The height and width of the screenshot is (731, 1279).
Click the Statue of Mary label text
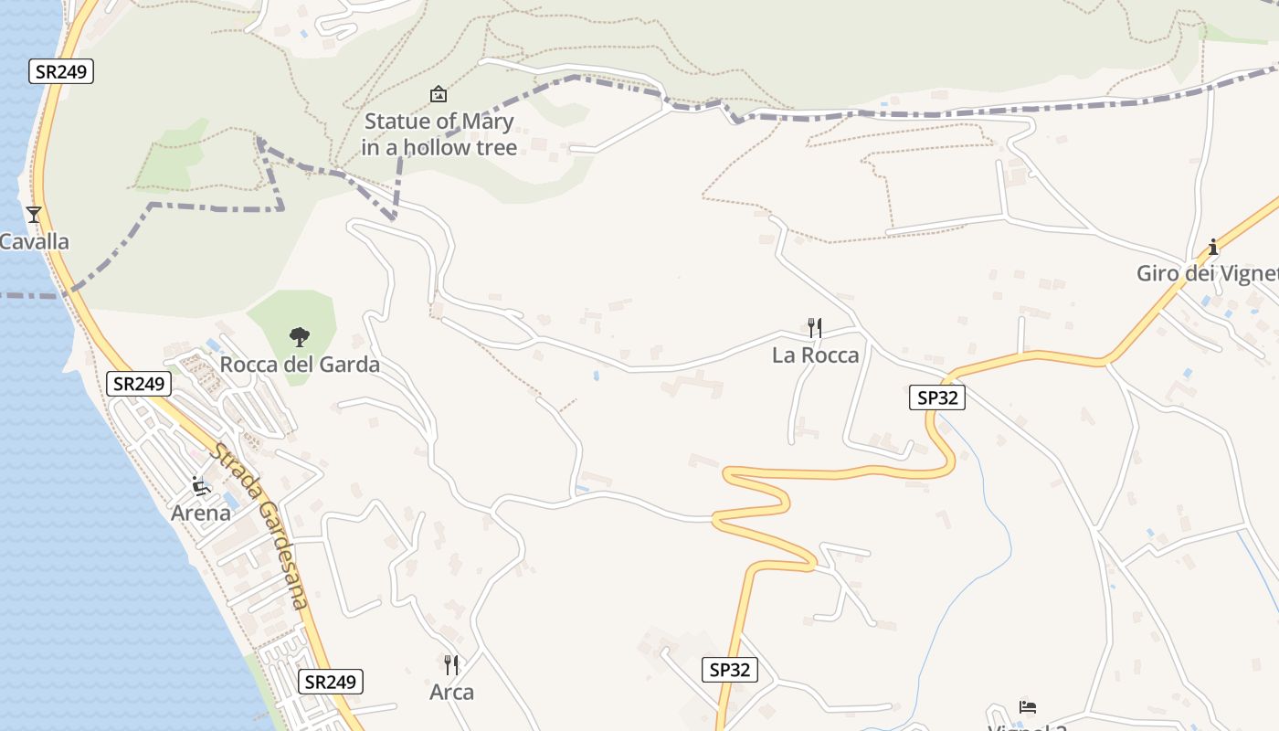(x=439, y=134)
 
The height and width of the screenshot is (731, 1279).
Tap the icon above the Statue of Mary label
(x=439, y=94)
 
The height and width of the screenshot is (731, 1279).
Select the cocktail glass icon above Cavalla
(x=34, y=215)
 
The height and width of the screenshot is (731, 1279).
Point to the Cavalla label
(x=34, y=242)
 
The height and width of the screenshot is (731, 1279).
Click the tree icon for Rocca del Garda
(x=299, y=338)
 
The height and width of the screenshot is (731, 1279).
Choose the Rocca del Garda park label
(x=300, y=365)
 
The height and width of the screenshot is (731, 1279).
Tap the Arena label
(x=201, y=513)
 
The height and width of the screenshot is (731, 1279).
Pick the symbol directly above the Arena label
(x=201, y=486)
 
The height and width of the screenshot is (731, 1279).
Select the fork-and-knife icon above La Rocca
(x=815, y=327)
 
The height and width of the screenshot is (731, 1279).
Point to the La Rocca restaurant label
(x=815, y=355)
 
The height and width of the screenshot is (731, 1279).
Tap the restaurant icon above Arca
(x=451, y=664)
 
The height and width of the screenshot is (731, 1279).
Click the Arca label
(x=451, y=693)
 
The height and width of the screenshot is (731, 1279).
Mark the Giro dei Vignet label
(x=1206, y=273)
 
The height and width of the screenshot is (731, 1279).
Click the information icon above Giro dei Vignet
(x=1213, y=247)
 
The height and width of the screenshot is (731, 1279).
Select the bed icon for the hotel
(x=1028, y=707)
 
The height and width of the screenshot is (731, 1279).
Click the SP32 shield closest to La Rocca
(x=936, y=397)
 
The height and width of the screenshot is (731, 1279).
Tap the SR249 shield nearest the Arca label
(x=330, y=682)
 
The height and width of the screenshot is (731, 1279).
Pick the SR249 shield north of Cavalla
(x=61, y=71)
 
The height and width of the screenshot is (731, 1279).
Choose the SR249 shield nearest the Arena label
(x=139, y=384)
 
